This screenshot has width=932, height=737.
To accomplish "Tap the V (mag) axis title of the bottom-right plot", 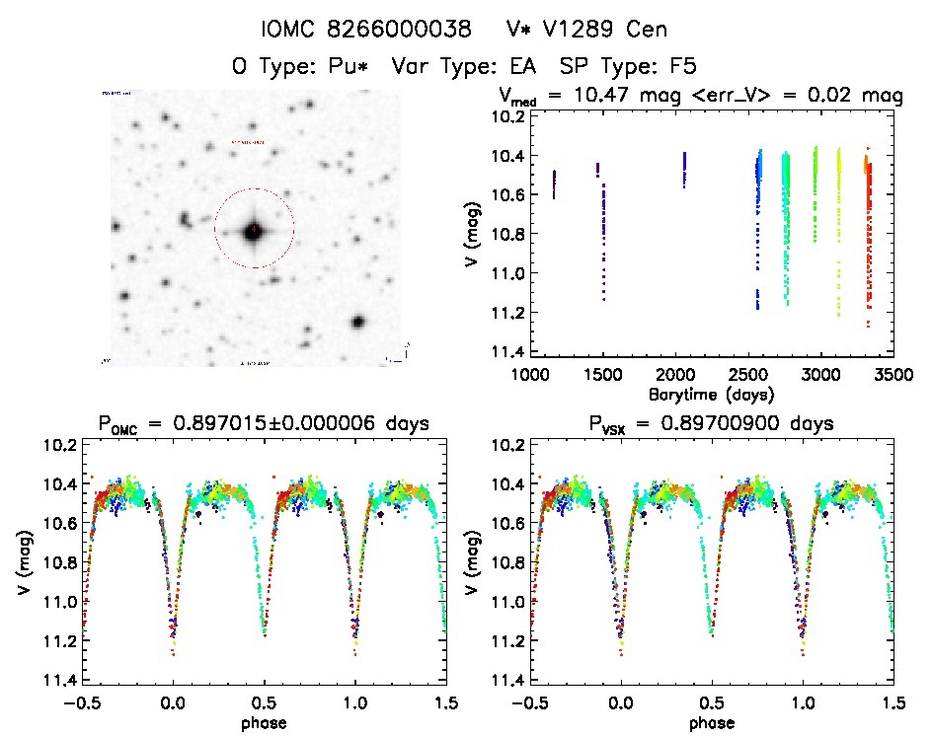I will click(478, 564).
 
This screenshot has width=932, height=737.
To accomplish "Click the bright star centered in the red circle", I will click(254, 229).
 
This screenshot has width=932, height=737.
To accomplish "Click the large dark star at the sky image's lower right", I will click(357, 322).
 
